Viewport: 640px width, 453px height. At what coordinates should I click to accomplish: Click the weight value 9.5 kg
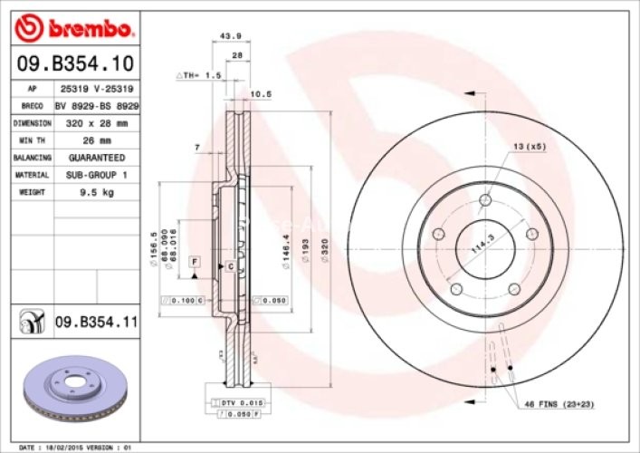pos(95,192)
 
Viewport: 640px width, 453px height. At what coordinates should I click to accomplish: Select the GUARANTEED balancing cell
pos(95,157)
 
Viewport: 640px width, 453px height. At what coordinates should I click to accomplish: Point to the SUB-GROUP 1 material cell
pos(96,174)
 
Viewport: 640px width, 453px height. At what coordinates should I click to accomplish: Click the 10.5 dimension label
pos(261,93)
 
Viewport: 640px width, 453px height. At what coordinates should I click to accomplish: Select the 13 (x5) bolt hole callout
pos(530,146)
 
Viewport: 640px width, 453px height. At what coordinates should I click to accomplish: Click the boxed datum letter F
pos(193,261)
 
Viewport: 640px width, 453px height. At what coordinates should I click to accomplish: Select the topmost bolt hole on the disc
pos(485,200)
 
